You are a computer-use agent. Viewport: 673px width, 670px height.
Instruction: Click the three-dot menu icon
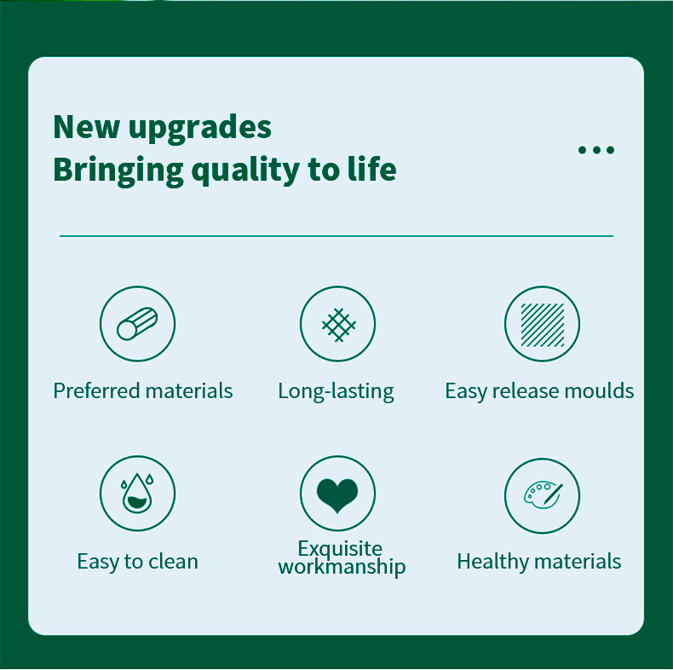[x=596, y=150]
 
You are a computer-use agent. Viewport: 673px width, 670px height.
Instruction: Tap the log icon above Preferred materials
[x=137, y=324]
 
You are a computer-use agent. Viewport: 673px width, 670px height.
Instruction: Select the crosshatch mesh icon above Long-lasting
[x=338, y=324]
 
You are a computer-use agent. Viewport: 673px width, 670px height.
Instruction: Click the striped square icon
[x=542, y=324]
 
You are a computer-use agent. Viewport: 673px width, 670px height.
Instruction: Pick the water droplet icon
[x=137, y=494]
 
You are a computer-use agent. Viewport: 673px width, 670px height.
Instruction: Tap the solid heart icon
[x=338, y=494]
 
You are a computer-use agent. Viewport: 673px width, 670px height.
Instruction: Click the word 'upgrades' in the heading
[x=199, y=128]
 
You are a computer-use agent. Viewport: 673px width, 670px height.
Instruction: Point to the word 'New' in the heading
[x=86, y=127]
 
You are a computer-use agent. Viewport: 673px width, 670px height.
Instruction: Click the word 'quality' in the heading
[x=245, y=170]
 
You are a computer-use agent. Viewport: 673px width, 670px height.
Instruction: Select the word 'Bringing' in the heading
[x=118, y=170]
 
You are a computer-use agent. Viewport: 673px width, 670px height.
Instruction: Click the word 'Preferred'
[x=96, y=390]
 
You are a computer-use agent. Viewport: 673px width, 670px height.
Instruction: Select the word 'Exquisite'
[x=340, y=548]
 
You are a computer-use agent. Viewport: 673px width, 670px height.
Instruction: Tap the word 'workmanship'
[x=342, y=567]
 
